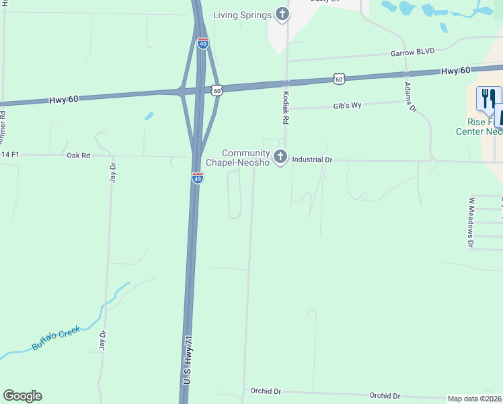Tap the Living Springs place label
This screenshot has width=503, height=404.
coord(243,15)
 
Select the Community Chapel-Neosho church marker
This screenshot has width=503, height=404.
coord(280,158)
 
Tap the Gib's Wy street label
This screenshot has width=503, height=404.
coord(348,106)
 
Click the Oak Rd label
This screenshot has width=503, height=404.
coord(78,155)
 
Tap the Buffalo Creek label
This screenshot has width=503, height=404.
coord(56,338)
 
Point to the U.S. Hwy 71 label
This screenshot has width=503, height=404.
coord(189,360)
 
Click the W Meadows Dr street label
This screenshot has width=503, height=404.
coord(470,223)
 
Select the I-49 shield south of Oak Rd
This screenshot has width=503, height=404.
coord(197,178)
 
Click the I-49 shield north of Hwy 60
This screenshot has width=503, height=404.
coord(203,43)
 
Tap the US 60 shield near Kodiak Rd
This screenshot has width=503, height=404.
coord(339,79)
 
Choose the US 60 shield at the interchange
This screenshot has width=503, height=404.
coord(217,89)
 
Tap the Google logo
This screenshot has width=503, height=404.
coord(22,396)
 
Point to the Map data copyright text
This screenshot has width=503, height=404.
coord(475,399)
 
